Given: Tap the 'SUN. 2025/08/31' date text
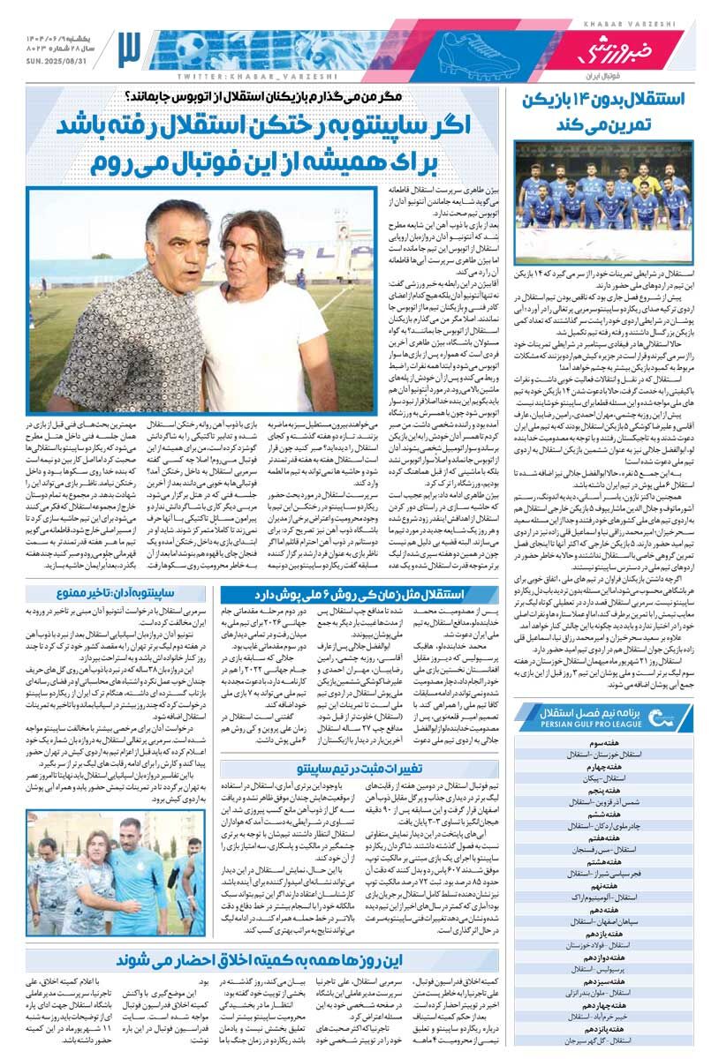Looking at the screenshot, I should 61,61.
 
